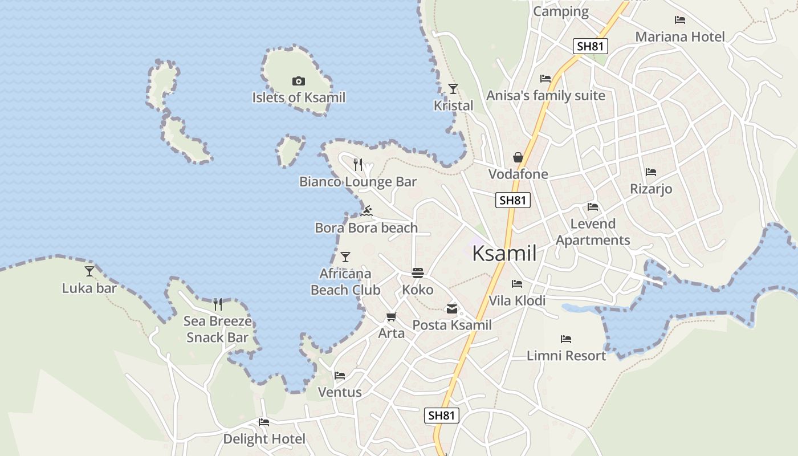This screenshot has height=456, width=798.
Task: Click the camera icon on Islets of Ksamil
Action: [298, 82]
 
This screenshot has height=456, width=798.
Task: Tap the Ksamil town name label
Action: [504, 254]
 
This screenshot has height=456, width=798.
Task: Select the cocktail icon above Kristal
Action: [453, 88]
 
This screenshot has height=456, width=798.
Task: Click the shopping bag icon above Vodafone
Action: [518, 157]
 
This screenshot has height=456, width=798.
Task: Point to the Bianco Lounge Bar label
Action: [358, 182]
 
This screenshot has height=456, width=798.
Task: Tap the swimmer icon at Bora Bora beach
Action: [367, 211]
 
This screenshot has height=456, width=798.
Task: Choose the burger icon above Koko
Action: [418, 273]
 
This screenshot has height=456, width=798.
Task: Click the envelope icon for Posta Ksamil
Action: [452, 309]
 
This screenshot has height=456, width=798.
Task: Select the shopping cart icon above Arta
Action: [391, 317]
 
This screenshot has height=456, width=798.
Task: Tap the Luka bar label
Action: [89, 288]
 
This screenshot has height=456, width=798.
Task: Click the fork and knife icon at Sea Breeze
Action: [218, 304]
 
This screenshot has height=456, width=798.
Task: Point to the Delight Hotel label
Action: [264, 439]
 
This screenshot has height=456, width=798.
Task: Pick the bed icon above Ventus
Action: [340, 376]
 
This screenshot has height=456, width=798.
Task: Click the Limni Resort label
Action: [566, 356]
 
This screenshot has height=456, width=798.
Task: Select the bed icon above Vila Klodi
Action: [517, 284]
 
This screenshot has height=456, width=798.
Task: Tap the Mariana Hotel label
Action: [680, 37]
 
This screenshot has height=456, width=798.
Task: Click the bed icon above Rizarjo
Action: [651, 172]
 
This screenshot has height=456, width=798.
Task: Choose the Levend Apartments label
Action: [593, 232]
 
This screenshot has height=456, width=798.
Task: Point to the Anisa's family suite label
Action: [545, 96]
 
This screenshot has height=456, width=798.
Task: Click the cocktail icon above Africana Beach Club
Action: [345, 257]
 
